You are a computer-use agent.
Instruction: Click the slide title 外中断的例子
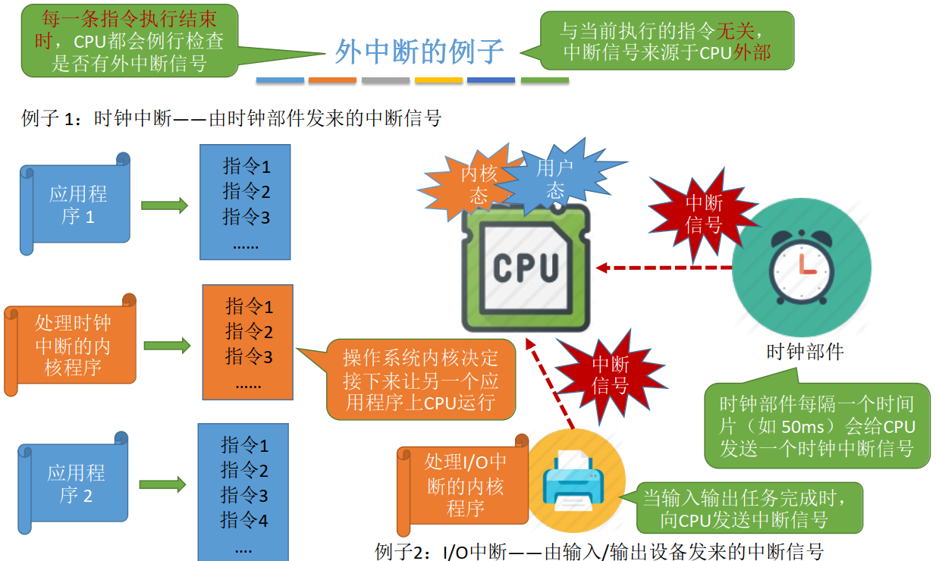coord(419,52)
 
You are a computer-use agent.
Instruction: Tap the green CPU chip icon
coord(526,268)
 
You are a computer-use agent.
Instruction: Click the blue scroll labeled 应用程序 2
coord(76,484)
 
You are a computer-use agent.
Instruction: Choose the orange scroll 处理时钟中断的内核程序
coord(73,346)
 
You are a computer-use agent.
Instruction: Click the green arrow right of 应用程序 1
coord(164,205)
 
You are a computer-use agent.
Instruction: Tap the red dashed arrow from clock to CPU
coord(664,268)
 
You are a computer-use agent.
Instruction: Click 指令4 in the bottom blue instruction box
coord(244,521)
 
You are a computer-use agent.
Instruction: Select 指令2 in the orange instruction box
coord(249,331)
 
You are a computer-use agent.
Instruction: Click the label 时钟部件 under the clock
coord(805,352)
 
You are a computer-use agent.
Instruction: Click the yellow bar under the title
coord(438,80)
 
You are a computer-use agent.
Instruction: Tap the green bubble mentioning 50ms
coord(817,426)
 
